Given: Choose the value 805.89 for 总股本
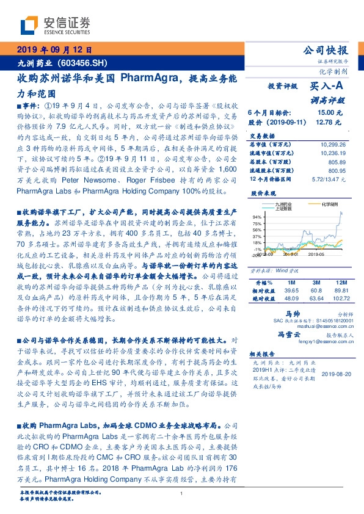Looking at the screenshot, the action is click(337, 162).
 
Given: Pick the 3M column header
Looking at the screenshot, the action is click(316, 283).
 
